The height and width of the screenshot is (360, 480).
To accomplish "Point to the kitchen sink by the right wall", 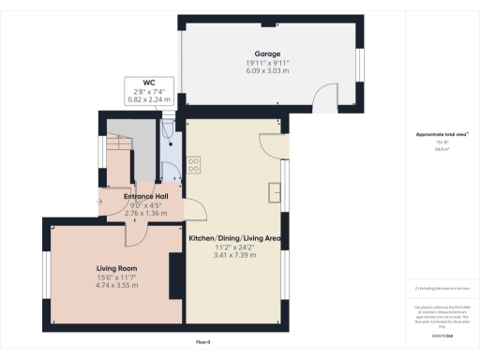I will [277, 191].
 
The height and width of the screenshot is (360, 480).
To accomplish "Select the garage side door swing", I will [323, 95].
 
